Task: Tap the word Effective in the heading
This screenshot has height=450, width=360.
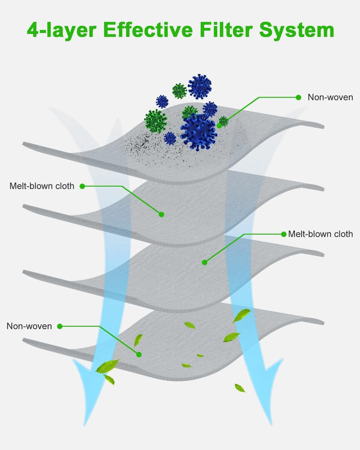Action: pos(148,29)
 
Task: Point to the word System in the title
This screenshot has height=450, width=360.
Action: pos(297,30)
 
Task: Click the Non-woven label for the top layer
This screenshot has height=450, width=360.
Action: pos(330,97)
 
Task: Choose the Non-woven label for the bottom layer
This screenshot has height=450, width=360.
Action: pos(29,326)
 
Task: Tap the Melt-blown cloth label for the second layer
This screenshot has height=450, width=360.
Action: pos(42,186)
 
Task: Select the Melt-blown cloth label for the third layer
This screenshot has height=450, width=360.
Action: pos(320,234)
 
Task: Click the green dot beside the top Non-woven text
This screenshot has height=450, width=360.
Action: pos(298,97)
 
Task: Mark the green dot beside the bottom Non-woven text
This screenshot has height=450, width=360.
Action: pos(59,326)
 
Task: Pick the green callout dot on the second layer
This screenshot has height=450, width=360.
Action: pos(161,214)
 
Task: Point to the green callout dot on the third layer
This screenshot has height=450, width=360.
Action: pos(204,262)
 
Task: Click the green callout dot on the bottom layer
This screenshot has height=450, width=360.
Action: pos(139,354)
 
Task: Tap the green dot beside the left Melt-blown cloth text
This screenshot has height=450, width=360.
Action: pos(82,186)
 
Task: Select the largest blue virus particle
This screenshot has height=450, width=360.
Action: pos(198,132)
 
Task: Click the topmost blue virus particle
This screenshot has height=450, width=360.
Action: pos(200,86)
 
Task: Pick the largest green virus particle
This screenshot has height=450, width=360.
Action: pos(155,121)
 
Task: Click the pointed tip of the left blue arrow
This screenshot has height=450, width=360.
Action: pos(84,426)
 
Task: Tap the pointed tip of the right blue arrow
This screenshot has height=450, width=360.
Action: pos(271,424)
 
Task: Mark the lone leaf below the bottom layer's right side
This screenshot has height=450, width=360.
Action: pos(240,388)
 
